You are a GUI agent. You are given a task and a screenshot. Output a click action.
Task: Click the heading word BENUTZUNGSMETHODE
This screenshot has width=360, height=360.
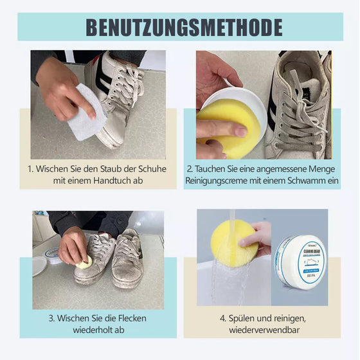(184, 27)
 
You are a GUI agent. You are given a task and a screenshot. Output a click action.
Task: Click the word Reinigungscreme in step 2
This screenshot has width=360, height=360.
(219, 182)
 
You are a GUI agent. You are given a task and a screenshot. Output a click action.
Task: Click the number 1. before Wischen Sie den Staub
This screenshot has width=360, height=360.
(31, 169)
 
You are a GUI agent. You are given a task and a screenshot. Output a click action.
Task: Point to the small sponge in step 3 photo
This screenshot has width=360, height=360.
(84, 262)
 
